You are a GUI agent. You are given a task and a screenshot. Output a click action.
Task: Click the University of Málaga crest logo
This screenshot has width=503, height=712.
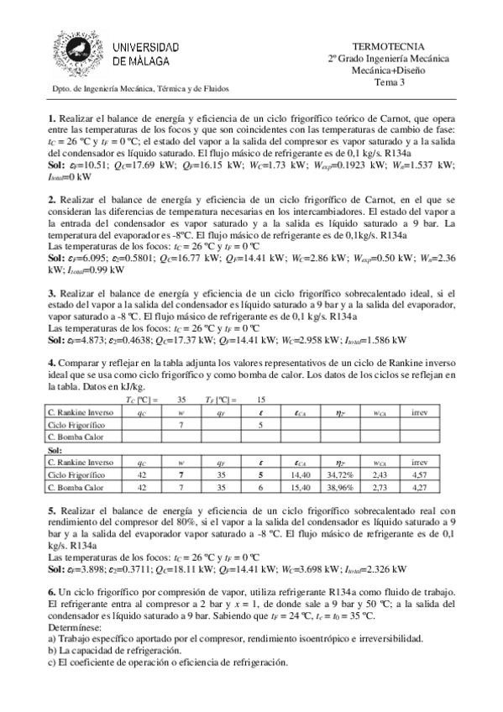tap(79, 53)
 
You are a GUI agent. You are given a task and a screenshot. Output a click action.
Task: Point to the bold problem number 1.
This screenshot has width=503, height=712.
tap(51, 118)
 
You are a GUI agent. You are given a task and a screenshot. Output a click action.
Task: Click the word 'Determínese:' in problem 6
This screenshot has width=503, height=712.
tap(76, 627)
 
